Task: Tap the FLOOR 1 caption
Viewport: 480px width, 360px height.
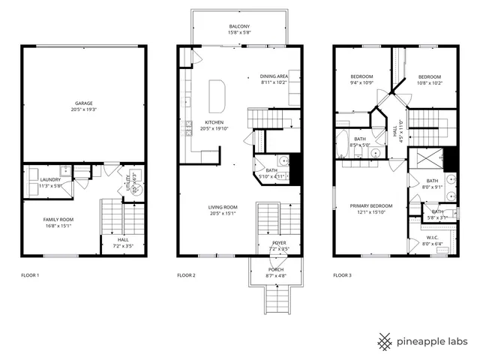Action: pyautogui.click(x=29, y=276)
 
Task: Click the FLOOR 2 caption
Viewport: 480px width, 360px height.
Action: pyautogui.click(x=186, y=276)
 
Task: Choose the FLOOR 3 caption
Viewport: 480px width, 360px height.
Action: pyautogui.click(x=342, y=276)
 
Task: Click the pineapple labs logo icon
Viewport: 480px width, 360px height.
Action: pyautogui.click(x=385, y=340)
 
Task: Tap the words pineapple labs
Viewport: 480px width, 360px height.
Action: pyautogui.click(x=433, y=341)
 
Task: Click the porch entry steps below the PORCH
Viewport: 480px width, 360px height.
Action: pyautogui.click(x=276, y=300)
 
